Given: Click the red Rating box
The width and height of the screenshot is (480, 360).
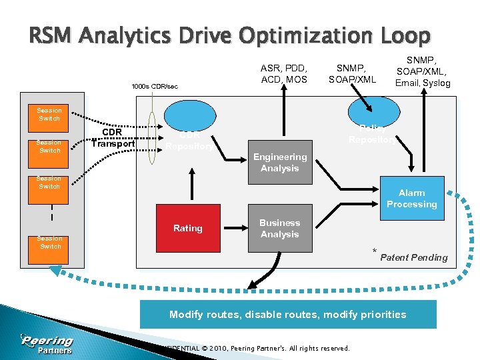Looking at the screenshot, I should click(x=187, y=228).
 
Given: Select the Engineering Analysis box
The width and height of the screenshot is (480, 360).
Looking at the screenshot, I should click(x=279, y=163).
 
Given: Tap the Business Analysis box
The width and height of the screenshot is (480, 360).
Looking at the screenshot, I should click(x=279, y=228).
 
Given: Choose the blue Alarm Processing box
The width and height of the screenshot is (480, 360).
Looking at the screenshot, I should click(x=411, y=199).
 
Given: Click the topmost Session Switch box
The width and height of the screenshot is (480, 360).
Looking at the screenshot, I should click(x=49, y=115).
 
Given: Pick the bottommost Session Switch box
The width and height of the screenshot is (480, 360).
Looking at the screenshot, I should click(x=49, y=243).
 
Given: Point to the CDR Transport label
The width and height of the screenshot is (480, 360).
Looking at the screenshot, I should click(x=113, y=137).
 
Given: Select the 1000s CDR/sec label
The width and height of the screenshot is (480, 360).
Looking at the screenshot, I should click(x=155, y=87).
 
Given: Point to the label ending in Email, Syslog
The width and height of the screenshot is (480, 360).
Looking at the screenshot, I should click(x=422, y=72).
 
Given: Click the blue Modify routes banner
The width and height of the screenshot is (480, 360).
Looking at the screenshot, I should click(x=287, y=314).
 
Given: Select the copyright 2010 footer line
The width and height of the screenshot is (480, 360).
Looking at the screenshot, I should click(x=253, y=348).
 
